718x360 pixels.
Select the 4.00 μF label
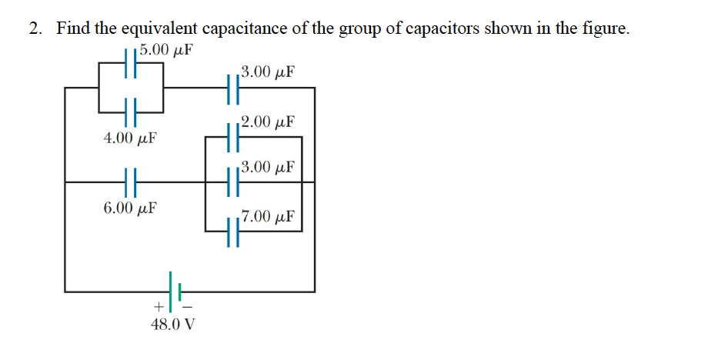130,139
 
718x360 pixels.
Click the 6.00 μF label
130,208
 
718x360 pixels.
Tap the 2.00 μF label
267,122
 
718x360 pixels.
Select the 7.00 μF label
268,216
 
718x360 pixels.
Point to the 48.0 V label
173,324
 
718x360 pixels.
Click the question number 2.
35,29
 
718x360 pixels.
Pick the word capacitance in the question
245,29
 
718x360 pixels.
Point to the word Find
74,29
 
